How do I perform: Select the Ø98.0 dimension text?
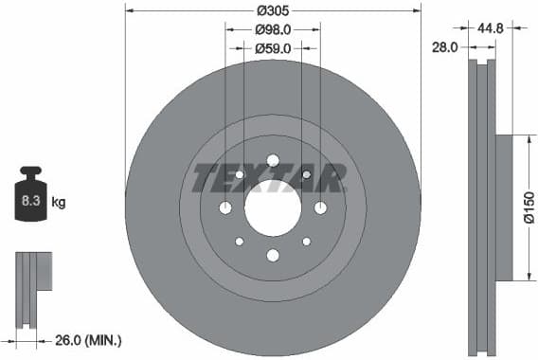273,29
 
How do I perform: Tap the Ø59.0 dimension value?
273,46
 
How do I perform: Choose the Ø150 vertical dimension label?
529,207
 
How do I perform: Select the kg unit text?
59,202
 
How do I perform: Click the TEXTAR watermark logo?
269,177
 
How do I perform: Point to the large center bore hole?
273,207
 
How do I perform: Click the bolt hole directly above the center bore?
273,160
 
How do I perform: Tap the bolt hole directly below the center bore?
273,255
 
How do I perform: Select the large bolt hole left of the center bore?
225,207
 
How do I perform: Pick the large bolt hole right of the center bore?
320,207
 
